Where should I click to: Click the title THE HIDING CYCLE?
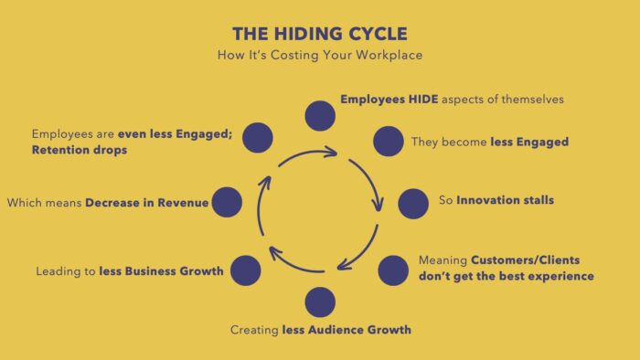point(319,34)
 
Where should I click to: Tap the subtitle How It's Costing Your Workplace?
point(319,56)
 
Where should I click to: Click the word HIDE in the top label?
point(411,98)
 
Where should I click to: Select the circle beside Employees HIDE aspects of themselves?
point(320,116)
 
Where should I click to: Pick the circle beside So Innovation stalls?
point(413,203)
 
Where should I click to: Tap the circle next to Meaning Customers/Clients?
point(393,270)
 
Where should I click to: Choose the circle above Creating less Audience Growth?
point(320,302)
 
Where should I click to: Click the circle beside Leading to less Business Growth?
point(246,270)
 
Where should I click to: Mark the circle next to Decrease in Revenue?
point(227,203)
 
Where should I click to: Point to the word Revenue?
point(182,203)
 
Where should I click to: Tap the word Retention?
point(57,150)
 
